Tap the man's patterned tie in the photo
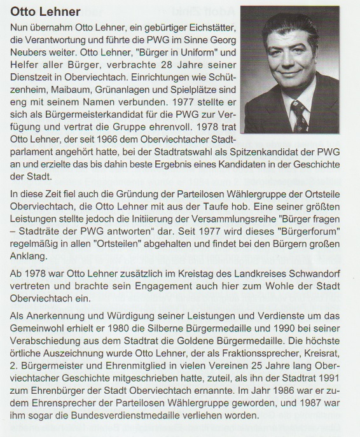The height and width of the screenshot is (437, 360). (x=299, y=117)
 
